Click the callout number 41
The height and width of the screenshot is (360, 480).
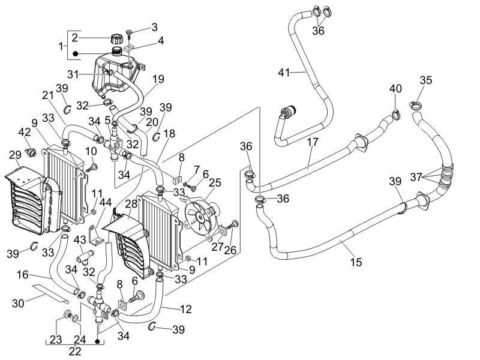pyautogui.click(x=284, y=73)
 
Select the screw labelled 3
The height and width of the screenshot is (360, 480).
pyautogui.click(x=131, y=31)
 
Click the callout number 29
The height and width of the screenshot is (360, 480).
pyautogui.click(x=14, y=155)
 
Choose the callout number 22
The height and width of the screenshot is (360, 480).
pyautogui.click(x=74, y=352)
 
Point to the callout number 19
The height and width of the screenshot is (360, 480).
pyautogui.click(x=158, y=78)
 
